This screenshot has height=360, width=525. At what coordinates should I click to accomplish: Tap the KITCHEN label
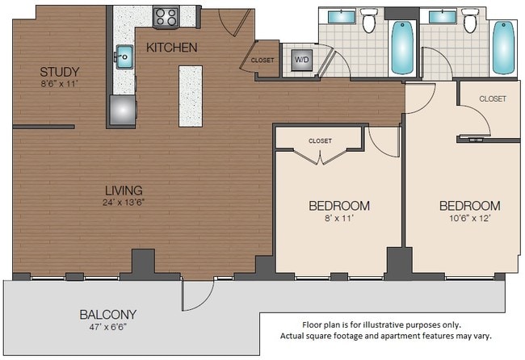[x=171, y=48]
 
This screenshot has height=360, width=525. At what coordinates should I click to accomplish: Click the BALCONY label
[x=107, y=314]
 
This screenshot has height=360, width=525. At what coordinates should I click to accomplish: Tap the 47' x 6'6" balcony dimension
[x=107, y=329]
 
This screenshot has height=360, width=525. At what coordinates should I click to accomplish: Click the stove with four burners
[x=166, y=16]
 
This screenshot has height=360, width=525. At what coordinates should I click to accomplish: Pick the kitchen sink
[x=124, y=57]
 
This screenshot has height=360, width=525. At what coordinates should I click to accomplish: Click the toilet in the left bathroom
[x=369, y=22]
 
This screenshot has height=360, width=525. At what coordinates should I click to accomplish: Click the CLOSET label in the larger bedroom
[x=492, y=98]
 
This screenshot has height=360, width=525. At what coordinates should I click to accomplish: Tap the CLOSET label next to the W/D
[x=262, y=60]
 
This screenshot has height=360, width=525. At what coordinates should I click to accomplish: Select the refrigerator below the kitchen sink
[x=124, y=111]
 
